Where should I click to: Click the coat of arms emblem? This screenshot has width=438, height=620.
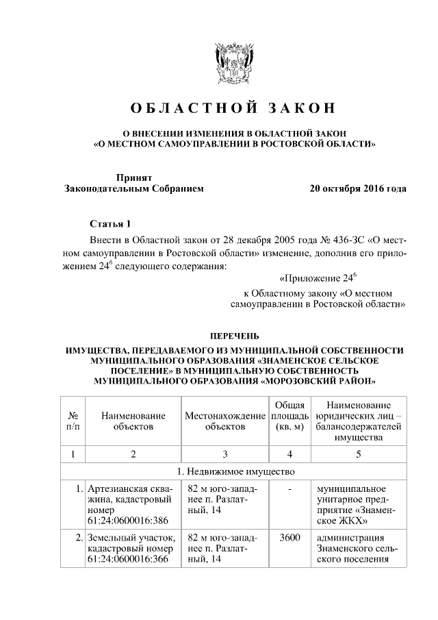point(219,63)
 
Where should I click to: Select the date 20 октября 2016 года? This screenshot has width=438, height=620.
point(358,188)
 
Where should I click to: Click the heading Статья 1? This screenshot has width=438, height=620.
point(109,225)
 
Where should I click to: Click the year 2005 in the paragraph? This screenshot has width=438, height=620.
point(286,240)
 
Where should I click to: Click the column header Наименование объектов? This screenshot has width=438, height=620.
point(133,421)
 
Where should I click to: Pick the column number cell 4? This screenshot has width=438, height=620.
point(289,454)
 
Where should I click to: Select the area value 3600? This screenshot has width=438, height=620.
point(289,537)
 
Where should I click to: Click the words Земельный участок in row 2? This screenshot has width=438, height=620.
point(128,537)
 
